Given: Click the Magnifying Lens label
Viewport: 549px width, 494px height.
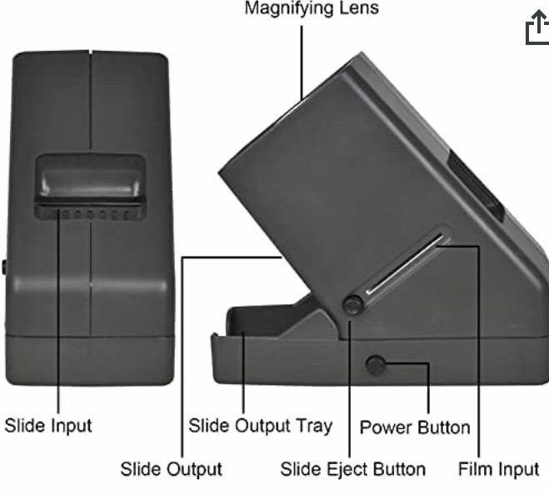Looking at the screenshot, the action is [x=312, y=7].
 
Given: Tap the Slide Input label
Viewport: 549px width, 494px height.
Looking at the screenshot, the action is [x=48, y=426].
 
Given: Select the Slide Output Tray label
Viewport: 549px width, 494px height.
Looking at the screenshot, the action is [x=261, y=426].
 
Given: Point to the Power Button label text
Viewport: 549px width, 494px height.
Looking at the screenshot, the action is [x=415, y=427].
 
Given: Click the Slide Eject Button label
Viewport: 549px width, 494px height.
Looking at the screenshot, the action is [x=353, y=470].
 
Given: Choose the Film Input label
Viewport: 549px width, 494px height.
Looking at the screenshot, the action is [x=498, y=469].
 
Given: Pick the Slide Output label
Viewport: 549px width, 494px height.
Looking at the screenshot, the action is [x=172, y=469].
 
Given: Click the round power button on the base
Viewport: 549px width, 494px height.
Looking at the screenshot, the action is [x=376, y=366].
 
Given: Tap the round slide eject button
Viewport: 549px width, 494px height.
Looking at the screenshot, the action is [x=353, y=305].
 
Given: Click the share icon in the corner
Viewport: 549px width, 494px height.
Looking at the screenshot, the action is [x=537, y=27].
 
